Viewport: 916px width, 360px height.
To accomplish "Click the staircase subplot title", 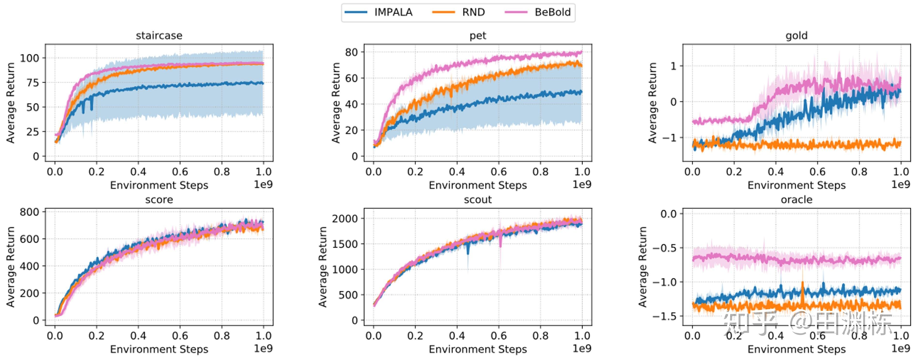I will (159, 36).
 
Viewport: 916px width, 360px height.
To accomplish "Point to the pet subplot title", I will (478, 36).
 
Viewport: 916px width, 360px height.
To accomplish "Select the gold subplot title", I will (796, 36).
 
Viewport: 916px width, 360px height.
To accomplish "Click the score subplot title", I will (159, 200).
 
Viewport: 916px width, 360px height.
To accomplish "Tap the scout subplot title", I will (478, 200).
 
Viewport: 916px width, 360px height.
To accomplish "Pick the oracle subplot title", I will (796, 200).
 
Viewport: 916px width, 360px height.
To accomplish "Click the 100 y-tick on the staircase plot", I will (30, 58).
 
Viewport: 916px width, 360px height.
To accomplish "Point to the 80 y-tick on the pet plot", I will (351, 52).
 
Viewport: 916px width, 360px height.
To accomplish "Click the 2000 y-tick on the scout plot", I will (345, 219).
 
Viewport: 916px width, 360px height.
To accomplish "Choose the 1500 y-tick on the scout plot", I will (345, 244).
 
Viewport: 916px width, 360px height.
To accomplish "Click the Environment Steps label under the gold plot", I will (796, 185).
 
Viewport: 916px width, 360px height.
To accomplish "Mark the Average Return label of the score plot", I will (11, 267).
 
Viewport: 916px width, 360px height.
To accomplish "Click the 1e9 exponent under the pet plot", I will (582, 184).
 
